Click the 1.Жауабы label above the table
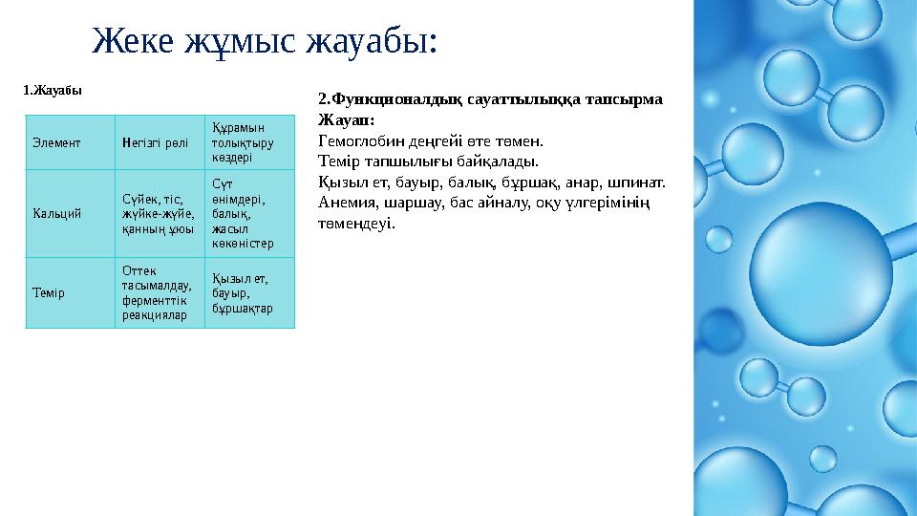click(x=53, y=91)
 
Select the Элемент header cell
click(x=55, y=141)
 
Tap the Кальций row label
click(x=55, y=213)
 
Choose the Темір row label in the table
click(x=48, y=292)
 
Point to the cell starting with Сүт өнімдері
click(x=243, y=212)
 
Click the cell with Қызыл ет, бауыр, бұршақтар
click(x=244, y=293)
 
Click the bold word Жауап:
click(x=346, y=119)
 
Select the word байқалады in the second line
click(x=505, y=161)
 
